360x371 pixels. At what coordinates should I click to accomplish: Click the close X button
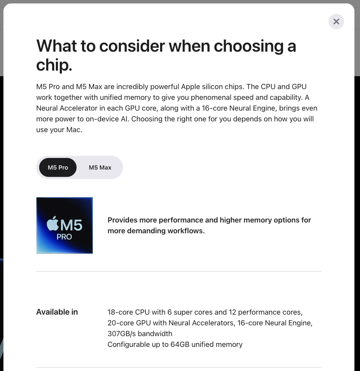pyautogui.click(x=336, y=22)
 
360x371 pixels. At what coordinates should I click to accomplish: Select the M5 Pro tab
pyautogui.click(x=58, y=167)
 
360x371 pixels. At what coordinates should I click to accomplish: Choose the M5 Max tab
pyautogui.click(x=100, y=167)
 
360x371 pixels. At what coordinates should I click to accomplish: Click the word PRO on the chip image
pyautogui.click(x=64, y=237)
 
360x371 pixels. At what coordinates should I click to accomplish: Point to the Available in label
pyautogui.click(x=57, y=312)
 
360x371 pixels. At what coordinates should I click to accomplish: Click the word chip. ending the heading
pyautogui.click(x=54, y=65)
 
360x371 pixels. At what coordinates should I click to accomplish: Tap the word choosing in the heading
pyautogui.click(x=249, y=46)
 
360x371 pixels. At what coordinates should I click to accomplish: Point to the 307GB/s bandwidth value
pyautogui.click(x=140, y=334)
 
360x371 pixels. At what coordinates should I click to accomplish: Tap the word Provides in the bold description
pyautogui.click(x=123, y=220)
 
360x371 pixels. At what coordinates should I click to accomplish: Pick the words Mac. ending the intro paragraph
pyautogui.click(x=74, y=130)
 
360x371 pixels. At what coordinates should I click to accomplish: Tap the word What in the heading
pyautogui.click(x=57, y=46)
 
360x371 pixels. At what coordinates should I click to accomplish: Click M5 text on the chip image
pyautogui.click(x=71, y=225)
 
